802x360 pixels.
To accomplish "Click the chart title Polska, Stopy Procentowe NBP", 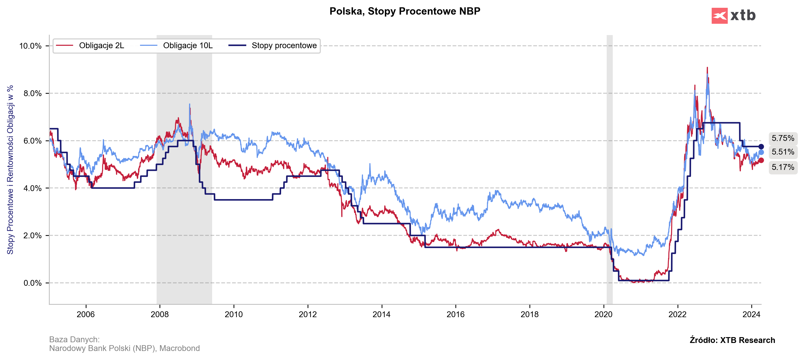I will coord(405,11).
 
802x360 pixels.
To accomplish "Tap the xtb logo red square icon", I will coord(719,16).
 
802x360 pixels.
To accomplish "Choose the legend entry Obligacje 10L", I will coord(188,46).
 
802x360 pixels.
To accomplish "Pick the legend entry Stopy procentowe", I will coord(284,46).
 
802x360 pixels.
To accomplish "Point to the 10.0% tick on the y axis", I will coord(30,46).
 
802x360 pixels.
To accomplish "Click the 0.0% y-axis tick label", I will coord(32,283).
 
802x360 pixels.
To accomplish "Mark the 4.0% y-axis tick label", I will coord(32,188).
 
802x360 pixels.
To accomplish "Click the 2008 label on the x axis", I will coord(160,314).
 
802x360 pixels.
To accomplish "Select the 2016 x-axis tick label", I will coord(455,314).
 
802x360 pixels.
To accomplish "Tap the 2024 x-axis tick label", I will coord(751,314).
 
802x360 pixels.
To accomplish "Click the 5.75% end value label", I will coord(783,138).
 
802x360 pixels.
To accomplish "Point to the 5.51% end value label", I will coord(783,152).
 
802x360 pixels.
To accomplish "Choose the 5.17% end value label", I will coord(783,167).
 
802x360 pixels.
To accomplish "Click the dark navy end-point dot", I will coord(761,147).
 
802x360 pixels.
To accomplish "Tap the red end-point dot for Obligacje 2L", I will coord(761,160).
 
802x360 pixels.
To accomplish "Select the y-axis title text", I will coord(10,170).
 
